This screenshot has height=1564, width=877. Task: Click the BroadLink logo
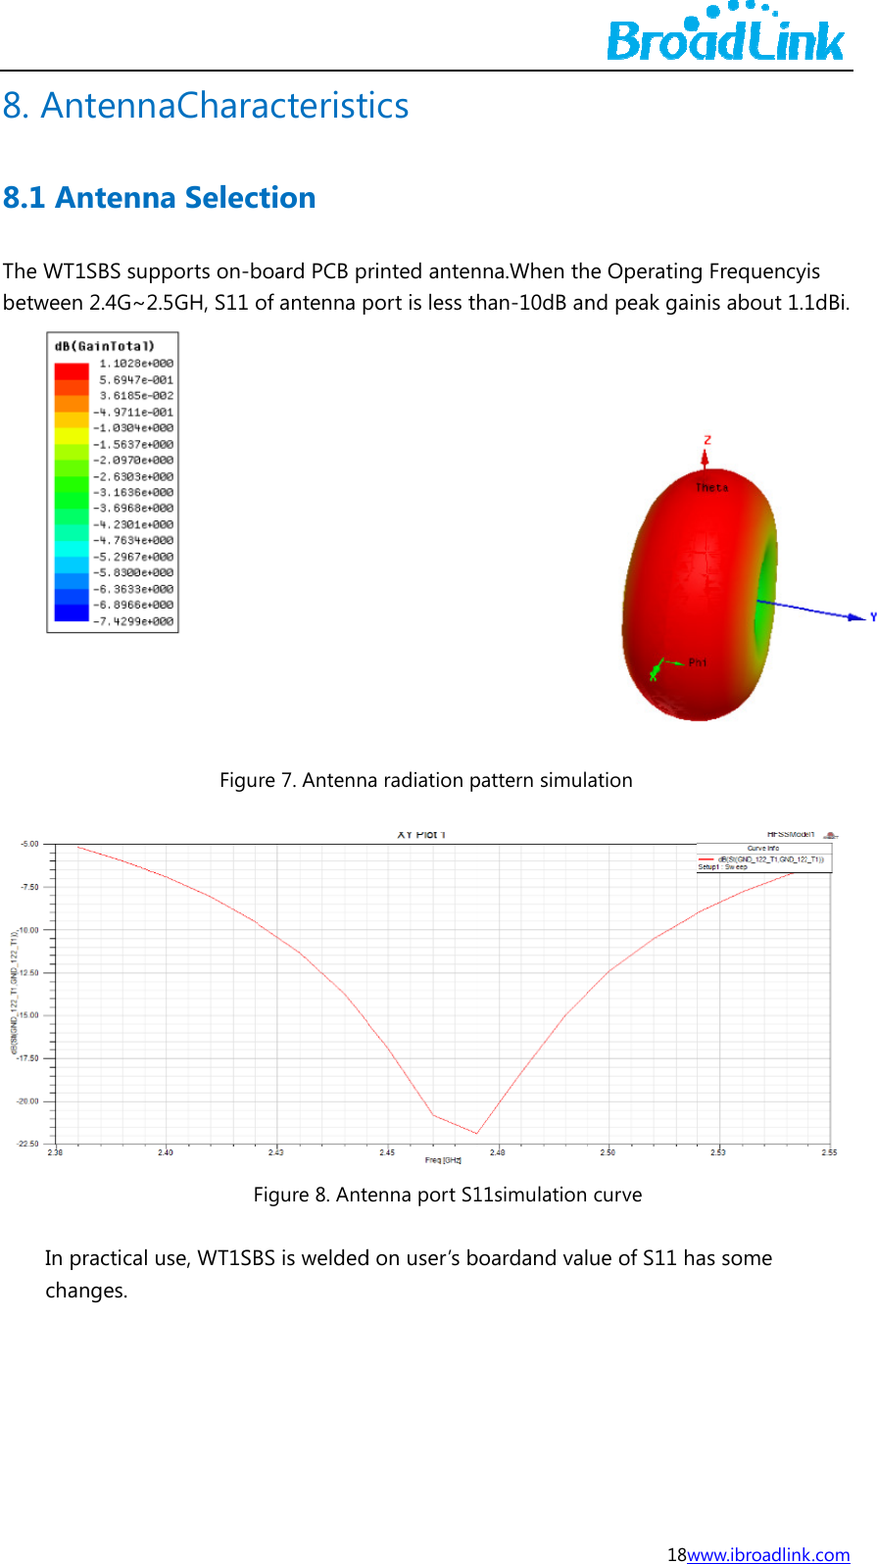click(x=725, y=34)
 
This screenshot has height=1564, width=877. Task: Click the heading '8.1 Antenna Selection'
click(x=159, y=198)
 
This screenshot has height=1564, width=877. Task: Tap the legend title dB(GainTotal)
click(x=104, y=346)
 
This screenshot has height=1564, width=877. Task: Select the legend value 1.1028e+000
click(x=136, y=364)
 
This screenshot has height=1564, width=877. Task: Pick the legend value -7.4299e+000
click(x=133, y=621)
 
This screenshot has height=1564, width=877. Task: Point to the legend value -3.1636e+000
click(x=133, y=492)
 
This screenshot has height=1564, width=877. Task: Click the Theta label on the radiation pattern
click(x=711, y=487)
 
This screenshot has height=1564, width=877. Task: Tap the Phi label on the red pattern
click(x=697, y=662)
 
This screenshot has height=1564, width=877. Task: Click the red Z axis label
click(x=706, y=441)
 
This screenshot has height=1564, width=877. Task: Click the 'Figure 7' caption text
click(x=425, y=780)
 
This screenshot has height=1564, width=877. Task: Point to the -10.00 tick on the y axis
click(x=27, y=930)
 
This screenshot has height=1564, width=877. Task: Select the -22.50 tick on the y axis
click(x=27, y=1144)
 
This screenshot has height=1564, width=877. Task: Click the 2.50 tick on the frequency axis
click(x=608, y=1152)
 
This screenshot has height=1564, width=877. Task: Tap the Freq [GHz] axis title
click(x=443, y=1160)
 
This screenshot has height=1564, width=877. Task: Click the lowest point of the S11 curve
click(x=477, y=1134)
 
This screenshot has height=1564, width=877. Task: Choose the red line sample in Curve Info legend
click(x=706, y=859)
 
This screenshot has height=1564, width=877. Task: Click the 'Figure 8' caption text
click(x=447, y=1195)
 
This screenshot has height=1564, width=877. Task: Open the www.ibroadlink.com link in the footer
click(x=768, y=1554)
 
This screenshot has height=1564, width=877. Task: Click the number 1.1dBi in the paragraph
click(x=817, y=303)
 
